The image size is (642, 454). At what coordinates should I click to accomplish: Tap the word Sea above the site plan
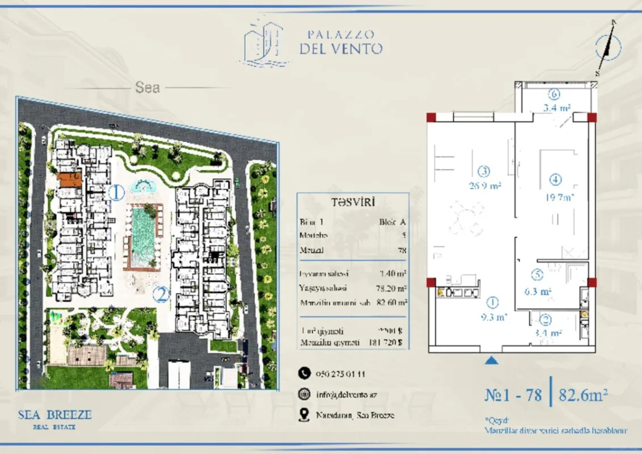(147, 87)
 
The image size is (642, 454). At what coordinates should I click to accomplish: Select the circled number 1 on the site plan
(116, 192)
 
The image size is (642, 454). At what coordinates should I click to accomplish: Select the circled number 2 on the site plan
(162, 294)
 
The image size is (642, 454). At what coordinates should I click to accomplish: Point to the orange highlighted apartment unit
(69, 179)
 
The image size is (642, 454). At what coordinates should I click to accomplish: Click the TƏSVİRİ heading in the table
(353, 202)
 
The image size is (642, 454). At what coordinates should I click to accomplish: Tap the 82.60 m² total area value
(392, 303)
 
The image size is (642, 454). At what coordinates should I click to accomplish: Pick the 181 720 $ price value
(391, 343)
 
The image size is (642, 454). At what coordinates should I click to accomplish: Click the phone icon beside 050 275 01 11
(305, 373)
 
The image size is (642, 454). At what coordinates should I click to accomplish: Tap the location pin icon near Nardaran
(305, 415)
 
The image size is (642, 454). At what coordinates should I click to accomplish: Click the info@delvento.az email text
(347, 394)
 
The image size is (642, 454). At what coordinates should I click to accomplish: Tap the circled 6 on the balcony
(556, 95)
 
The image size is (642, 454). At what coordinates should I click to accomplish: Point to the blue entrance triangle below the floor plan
(492, 359)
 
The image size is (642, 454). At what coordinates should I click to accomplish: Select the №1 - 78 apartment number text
(514, 394)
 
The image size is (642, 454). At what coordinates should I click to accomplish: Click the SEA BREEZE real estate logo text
(54, 415)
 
